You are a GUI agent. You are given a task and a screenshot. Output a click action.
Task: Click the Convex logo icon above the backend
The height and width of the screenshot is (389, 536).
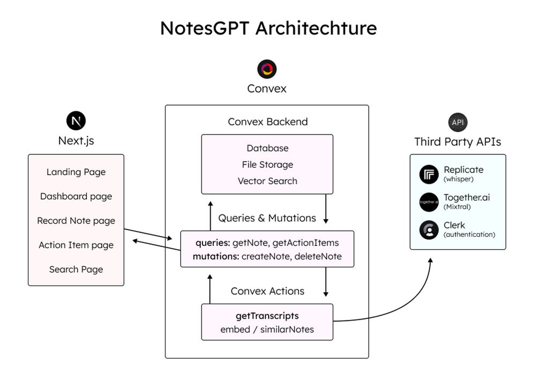tap(267, 69)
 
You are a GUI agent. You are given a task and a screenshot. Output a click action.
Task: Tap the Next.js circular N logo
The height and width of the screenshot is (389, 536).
tap(76, 121)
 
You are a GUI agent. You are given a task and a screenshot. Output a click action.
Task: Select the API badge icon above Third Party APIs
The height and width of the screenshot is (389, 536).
tap(458, 122)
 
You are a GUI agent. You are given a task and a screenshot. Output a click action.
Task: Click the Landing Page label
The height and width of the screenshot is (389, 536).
tap(76, 172)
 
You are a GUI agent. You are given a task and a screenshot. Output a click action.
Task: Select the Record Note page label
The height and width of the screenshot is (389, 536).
tap(76, 221)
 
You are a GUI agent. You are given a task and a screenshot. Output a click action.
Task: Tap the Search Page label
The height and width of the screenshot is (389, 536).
tap(76, 270)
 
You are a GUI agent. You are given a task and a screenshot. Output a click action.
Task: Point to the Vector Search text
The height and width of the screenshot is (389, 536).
tap(267, 181)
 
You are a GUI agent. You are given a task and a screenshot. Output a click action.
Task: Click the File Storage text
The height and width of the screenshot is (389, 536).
tap(267, 164)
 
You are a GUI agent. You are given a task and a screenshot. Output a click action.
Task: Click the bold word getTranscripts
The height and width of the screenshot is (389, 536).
tap(267, 316)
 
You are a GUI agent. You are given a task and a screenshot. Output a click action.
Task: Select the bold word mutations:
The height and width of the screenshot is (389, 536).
tap(215, 257)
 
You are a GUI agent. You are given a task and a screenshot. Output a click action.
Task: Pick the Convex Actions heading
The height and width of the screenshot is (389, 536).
tap(267, 291)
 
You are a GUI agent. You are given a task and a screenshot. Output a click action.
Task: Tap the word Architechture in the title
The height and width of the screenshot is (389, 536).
tap(316, 28)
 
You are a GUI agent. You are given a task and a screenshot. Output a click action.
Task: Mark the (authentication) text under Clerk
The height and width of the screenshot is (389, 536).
tap(469, 235)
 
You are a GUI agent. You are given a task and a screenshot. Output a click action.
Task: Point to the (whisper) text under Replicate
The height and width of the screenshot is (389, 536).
tap(458, 179)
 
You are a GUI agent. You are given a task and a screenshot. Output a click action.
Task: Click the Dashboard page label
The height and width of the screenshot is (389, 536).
tap(76, 196)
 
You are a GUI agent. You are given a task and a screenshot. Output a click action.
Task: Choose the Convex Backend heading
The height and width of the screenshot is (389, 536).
tap(267, 122)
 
